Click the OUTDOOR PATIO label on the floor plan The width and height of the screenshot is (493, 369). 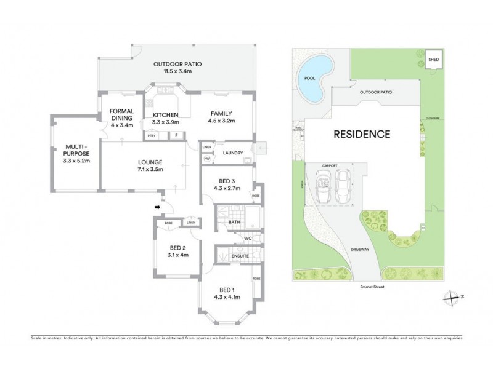click(177, 63)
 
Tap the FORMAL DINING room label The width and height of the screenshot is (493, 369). click(121, 115)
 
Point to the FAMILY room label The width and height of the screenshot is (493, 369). click(221, 114)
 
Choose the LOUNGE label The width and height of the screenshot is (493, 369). click(150, 164)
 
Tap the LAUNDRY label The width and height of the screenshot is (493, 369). click(232, 153)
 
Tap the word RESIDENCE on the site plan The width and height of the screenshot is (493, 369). click(362, 134)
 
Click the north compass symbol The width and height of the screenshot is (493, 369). click(453, 297)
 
